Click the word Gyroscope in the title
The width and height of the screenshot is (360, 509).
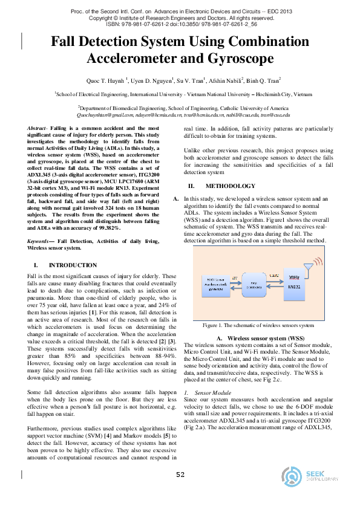pos(238,59)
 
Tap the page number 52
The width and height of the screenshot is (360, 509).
pos(180,475)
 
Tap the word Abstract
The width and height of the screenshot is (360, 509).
pos(39,129)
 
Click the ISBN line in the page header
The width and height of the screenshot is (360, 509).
pos(179,25)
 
